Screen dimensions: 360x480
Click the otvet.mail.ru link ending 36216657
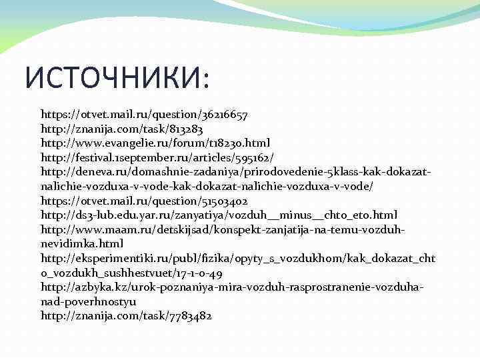click(144, 115)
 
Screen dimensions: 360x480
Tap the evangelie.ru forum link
click(155, 143)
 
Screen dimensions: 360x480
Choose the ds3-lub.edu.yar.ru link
click(219, 215)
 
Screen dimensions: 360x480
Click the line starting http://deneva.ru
click(235, 172)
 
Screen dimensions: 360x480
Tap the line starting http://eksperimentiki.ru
click(238, 258)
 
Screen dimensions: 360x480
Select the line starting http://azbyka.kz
click(231, 287)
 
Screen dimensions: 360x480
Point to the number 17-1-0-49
click(200, 273)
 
